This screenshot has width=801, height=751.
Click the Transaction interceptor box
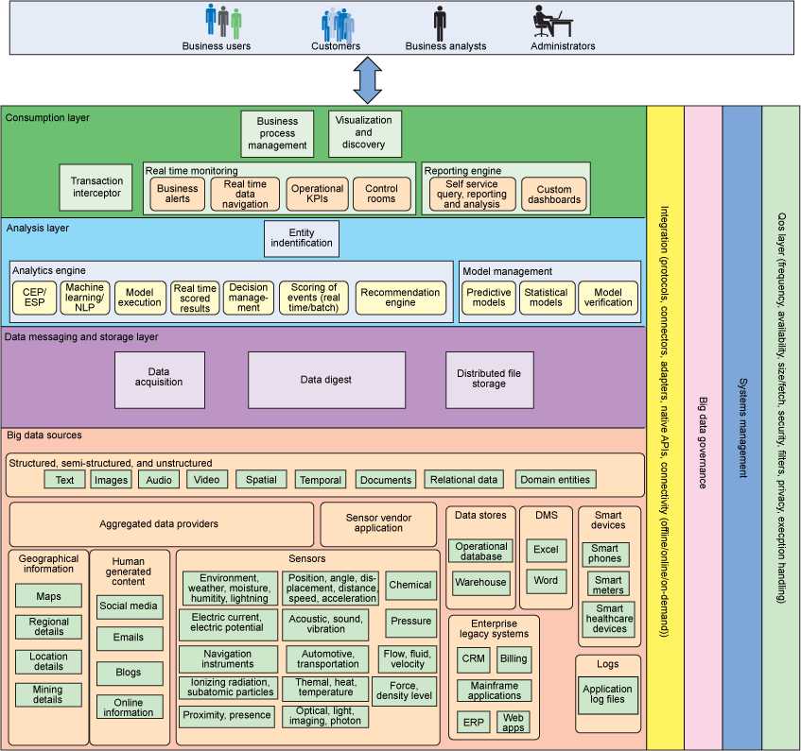[96, 186]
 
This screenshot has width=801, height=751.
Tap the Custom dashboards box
[554, 195]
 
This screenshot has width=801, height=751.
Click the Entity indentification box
[301, 238]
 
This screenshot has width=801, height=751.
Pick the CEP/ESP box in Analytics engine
[34, 298]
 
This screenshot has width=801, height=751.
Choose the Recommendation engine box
[400, 298]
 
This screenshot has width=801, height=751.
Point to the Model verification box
[608, 298]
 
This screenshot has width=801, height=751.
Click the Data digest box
[326, 380]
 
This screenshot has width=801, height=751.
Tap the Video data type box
[207, 480]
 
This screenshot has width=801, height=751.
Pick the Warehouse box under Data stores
[481, 582]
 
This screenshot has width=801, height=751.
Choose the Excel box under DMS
[546, 549]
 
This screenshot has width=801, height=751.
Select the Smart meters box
[609, 585]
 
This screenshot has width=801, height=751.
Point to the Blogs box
[129, 673]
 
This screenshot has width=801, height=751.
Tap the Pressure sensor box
[409, 622]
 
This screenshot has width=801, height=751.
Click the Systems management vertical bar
[741, 425]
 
